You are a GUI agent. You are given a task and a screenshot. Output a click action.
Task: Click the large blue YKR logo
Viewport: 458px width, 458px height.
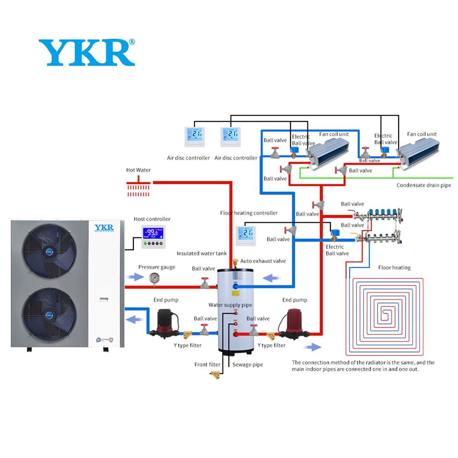click(87, 53)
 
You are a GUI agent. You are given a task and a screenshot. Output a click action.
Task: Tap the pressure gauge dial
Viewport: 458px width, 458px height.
click(154, 278)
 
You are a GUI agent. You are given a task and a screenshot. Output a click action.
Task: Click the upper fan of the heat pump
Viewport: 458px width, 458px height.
click(49, 251)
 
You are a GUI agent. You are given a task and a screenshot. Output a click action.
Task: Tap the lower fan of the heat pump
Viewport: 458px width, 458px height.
click(49, 315)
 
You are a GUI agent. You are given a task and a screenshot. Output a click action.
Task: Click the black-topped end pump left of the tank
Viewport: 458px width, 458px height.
click(167, 323)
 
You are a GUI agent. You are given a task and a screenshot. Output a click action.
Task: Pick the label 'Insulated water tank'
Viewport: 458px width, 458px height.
click(202, 253)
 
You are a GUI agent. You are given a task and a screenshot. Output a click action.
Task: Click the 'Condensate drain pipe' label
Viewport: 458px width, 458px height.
click(423, 185)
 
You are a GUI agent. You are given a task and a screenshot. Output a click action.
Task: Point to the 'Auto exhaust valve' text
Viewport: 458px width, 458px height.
click(263, 261)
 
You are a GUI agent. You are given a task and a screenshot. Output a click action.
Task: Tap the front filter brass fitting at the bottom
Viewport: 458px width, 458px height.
click(215, 375)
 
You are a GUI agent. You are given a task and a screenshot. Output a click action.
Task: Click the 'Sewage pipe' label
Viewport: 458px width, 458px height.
click(247, 365)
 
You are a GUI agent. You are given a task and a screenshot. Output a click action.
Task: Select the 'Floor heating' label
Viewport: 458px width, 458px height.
click(394, 268)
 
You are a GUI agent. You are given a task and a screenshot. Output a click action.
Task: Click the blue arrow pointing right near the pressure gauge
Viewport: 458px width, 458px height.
click(136, 277)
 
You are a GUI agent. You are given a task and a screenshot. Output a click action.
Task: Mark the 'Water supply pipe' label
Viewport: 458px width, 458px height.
click(230, 305)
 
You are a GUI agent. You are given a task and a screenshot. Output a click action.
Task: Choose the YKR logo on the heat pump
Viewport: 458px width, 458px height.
click(104, 228)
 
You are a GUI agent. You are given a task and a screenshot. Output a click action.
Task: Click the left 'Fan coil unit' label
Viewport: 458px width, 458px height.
click(334, 134)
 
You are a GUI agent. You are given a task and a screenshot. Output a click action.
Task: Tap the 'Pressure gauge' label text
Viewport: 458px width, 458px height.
click(157, 267)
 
